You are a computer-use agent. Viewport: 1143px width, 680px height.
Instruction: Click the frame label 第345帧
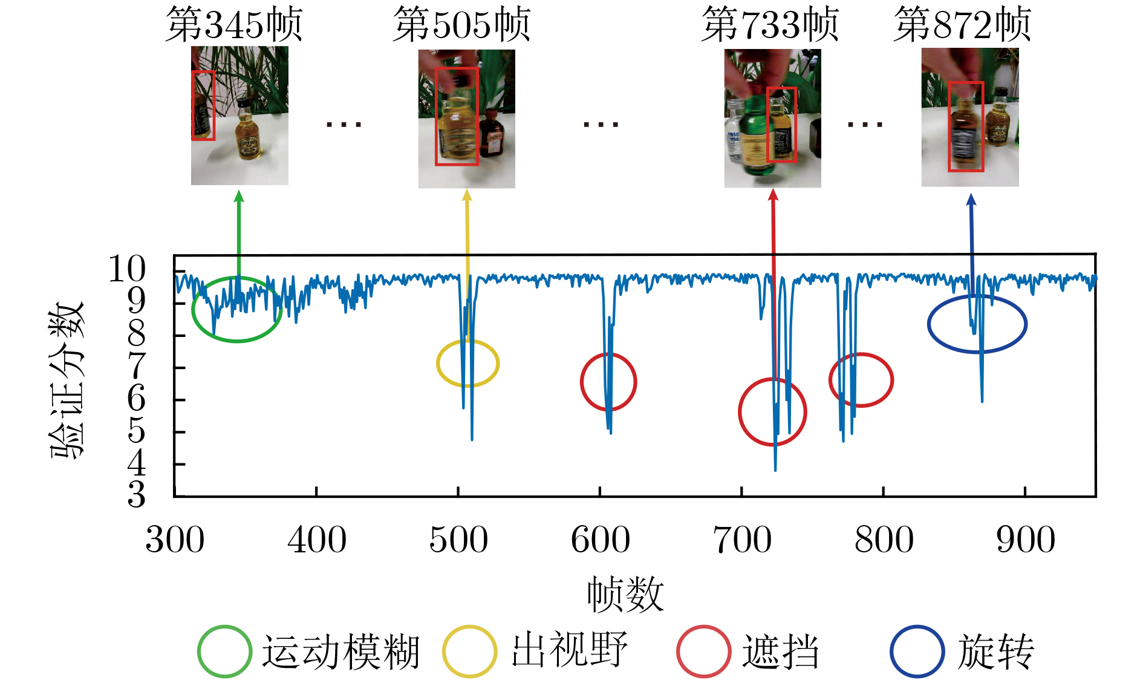point(233,25)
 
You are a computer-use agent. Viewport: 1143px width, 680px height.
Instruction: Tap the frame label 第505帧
point(461,25)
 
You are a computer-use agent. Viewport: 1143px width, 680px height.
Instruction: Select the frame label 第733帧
point(770,25)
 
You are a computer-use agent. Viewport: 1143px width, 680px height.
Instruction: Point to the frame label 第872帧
point(962,25)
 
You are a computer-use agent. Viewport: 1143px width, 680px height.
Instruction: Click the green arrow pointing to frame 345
point(239,236)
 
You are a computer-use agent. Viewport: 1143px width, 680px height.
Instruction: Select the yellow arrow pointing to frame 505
point(467,266)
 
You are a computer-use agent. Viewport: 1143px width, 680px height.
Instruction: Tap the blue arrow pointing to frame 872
point(972,245)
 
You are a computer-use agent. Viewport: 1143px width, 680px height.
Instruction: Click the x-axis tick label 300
point(175,540)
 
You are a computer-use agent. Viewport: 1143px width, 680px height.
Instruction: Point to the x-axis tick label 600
point(601,540)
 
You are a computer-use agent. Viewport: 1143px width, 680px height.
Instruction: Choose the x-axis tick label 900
point(1026,540)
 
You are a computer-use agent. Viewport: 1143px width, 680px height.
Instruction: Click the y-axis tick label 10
point(127,269)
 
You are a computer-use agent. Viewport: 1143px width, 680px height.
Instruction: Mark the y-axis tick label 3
point(137,494)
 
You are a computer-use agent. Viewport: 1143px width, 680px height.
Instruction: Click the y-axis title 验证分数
point(67,381)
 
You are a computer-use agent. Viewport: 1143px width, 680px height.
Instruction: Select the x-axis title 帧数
point(625,594)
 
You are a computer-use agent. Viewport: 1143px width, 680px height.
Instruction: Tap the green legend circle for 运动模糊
point(224,652)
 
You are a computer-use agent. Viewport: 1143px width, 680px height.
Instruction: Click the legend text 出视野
point(570,652)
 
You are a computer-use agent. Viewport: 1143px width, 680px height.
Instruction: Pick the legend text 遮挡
point(781,652)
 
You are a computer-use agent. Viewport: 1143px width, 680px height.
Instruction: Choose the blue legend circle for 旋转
point(917,652)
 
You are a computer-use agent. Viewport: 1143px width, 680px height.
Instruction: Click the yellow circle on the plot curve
point(468,363)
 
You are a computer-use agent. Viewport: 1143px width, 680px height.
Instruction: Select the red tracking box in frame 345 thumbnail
point(204,105)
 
